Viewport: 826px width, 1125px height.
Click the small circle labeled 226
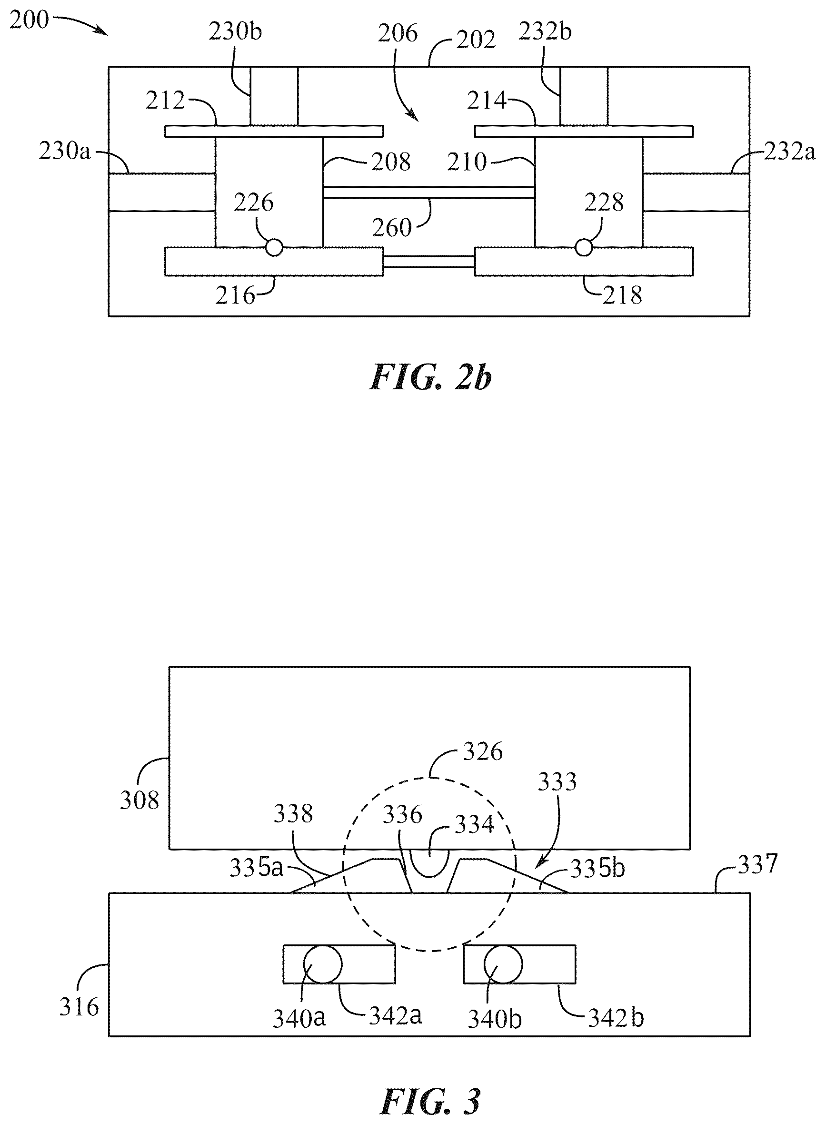(274, 247)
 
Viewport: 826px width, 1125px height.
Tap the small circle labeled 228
(584, 247)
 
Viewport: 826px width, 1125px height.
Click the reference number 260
(391, 228)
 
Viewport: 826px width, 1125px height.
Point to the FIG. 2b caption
(430, 378)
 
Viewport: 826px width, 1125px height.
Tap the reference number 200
(30, 20)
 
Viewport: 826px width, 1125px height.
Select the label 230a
(64, 151)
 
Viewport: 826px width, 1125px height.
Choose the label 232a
(789, 151)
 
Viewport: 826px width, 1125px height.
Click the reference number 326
(482, 752)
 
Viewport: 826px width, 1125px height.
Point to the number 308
(139, 800)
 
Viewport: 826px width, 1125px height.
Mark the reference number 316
(80, 1007)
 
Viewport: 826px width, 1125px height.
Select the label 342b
(616, 1017)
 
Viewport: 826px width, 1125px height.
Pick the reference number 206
(398, 33)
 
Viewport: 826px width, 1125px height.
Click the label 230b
(235, 32)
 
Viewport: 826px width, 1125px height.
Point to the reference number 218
(622, 295)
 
